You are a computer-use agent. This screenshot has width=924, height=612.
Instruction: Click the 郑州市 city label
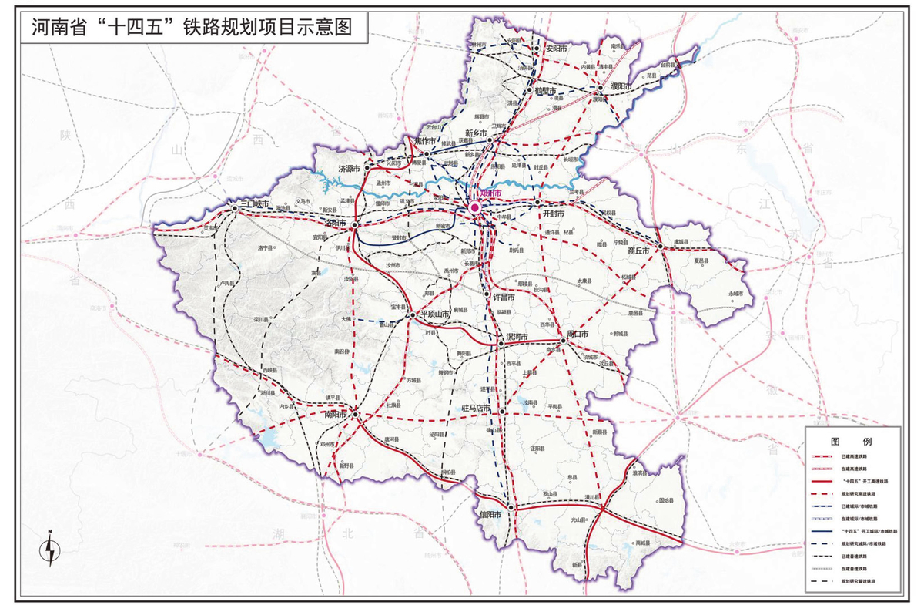pyautogui.click(x=491, y=193)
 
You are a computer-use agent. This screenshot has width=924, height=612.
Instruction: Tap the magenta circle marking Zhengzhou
pyautogui.click(x=475, y=207)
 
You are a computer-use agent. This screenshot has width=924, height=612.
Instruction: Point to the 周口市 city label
pyautogui.click(x=577, y=335)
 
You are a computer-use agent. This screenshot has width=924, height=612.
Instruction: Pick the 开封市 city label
pyautogui.click(x=554, y=212)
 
